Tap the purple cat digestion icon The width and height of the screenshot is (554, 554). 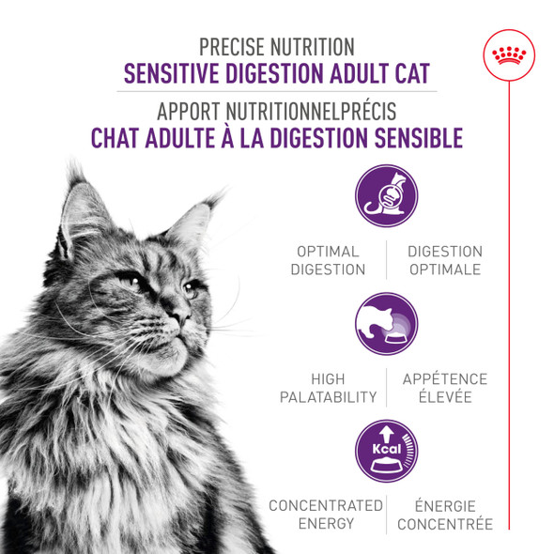tap(386, 195)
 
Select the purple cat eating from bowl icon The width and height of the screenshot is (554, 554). tap(386, 323)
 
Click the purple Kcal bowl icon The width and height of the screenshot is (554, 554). tap(386, 452)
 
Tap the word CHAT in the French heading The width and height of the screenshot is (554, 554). tap(115, 138)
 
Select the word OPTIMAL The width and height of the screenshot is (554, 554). tap(328, 252)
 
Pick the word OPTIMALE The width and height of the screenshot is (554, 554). tap(444, 269)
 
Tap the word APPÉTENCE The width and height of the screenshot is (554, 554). tap(445, 379)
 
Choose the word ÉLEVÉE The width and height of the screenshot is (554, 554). tap(445, 397)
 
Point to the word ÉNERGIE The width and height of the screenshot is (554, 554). tap(445, 505)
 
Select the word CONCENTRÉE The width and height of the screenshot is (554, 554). tap(445, 523)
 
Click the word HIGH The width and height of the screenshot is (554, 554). tap(328, 379)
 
